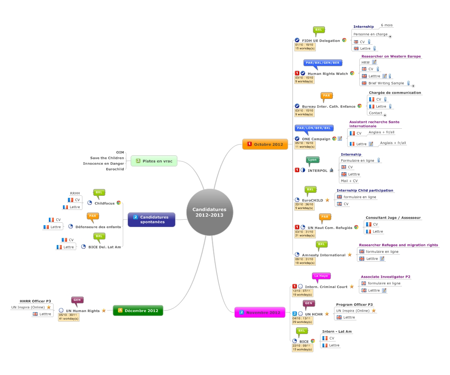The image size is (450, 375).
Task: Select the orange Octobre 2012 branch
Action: click(265, 144)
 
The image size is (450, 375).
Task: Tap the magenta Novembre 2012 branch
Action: click(260, 312)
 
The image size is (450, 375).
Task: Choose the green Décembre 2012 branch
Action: click(138, 310)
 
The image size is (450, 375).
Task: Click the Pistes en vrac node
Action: click(154, 161)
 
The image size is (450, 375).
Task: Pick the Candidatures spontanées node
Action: click(152, 219)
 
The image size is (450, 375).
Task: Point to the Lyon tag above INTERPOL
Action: click(313, 159)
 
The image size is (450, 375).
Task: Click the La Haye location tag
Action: click(321, 276)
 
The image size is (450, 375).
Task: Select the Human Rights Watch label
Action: click(327, 74)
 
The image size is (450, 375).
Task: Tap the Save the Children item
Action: click(107, 158)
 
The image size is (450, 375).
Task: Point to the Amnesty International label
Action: click(323, 255)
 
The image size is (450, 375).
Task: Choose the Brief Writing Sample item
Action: click(386, 83)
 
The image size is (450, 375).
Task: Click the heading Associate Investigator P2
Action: click(385, 276)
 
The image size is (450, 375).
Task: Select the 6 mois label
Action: click(387, 25)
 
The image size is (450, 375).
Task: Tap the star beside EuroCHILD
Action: click(327, 200)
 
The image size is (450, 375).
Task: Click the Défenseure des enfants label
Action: click(98, 227)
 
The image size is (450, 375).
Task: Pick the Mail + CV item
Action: click(349, 181)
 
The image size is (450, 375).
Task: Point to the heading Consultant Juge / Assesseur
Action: click(393, 217)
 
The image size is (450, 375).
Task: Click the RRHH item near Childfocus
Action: click(75, 193)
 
